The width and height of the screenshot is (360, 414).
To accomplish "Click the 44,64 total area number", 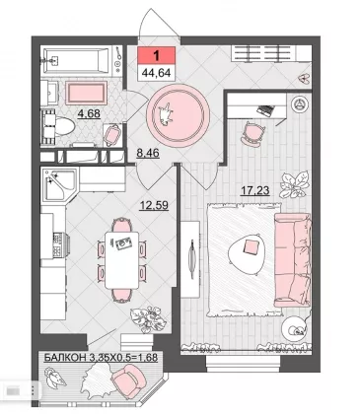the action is [x=156, y=73].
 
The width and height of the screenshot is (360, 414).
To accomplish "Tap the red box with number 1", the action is [x=156, y=55].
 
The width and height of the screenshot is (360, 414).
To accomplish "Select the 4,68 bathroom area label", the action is [x=89, y=113].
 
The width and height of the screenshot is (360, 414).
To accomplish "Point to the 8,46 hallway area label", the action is [x=148, y=153].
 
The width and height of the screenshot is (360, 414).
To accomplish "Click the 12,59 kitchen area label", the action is [x=154, y=205].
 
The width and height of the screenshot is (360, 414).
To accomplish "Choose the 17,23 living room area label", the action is [x=255, y=190].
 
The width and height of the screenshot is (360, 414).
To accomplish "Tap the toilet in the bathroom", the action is [x=59, y=127].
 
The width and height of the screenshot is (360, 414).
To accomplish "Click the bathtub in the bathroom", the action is [x=76, y=61].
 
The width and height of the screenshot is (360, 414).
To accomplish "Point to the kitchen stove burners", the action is [x=58, y=244].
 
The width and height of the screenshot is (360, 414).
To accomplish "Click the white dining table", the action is [x=121, y=259].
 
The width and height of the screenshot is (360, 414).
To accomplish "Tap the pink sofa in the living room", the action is [x=292, y=259].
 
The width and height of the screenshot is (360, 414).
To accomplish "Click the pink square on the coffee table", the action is [x=251, y=246].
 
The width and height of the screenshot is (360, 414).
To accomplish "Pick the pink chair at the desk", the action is [x=252, y=132].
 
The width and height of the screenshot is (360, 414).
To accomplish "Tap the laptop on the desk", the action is [x=265, y=110].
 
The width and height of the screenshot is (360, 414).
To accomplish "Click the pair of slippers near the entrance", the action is [x=305, y=78].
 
